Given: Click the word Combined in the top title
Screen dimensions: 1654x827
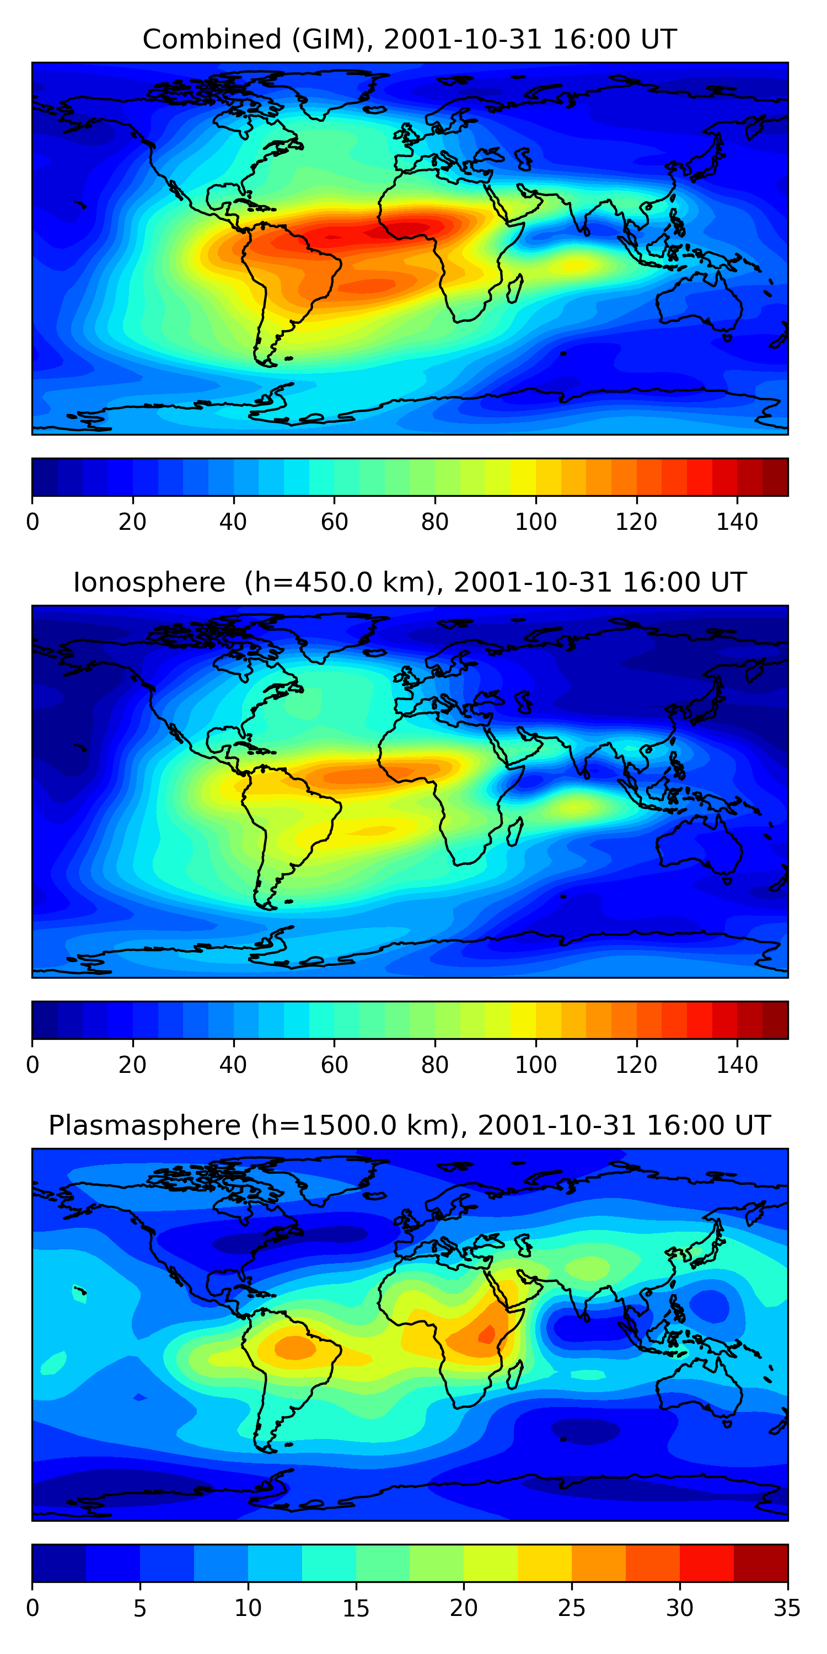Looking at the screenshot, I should click(211, 40).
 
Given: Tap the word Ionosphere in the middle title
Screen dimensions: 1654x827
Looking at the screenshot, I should click(149, 583).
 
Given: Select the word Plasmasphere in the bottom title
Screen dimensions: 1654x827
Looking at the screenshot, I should click(144, 1126).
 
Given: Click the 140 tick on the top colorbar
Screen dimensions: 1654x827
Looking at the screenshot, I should click(737, 522).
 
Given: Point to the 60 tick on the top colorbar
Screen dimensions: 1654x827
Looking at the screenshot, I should click(334, 522).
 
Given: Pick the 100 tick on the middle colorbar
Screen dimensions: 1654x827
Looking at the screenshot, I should click(535, 1065).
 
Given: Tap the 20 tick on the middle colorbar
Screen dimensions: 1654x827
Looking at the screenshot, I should click(132, 1065).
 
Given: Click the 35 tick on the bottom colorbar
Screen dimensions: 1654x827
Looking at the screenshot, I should click(787, 1608).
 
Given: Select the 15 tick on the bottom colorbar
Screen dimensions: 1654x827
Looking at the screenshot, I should click(356, 1608).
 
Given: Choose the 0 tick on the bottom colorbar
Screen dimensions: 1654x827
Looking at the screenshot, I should click(33, 1608).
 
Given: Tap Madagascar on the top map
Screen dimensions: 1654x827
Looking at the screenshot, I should click(515, 289).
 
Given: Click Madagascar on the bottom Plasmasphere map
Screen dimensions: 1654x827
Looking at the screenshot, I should click(515, 1376).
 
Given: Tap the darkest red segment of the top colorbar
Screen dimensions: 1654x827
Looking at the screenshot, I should click(775, 477).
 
